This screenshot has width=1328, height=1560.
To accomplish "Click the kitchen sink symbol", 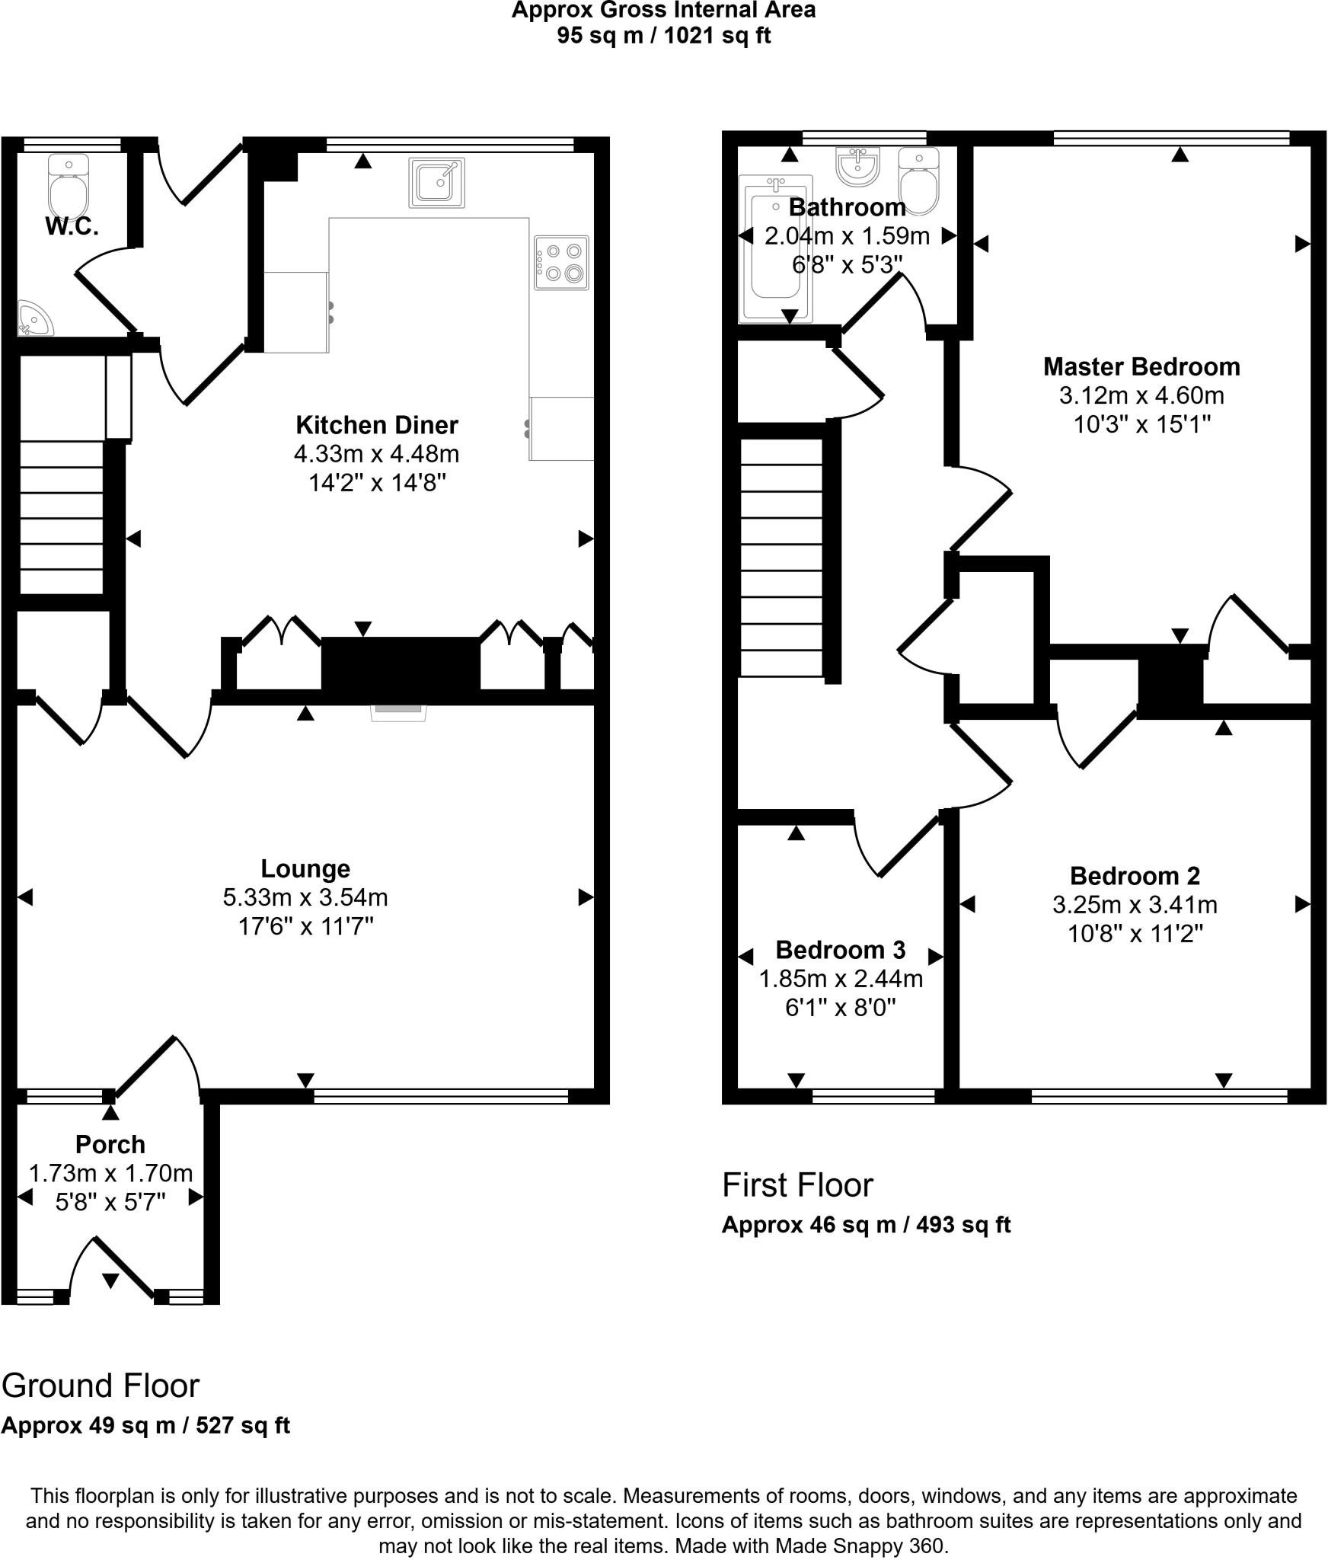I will pos(436,183).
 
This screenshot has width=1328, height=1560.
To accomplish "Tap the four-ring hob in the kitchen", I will pos(561,262).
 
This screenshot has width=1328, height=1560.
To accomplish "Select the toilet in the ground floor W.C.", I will pos(68,187).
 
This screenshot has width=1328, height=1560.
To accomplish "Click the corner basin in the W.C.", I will pos(33,319).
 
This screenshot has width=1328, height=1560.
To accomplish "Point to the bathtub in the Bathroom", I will pos(775,248).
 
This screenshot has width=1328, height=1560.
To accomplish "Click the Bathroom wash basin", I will pos(858,166).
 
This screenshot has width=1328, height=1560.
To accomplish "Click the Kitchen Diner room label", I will pos(376,424).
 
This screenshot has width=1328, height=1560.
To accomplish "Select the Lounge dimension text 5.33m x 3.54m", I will pos(305,897).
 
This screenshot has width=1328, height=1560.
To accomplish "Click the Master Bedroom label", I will pos(1141,366).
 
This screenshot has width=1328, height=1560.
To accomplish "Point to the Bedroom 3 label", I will pos(840,950).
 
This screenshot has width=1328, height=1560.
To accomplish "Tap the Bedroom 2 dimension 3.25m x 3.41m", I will pos(1135,905).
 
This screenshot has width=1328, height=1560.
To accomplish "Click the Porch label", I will pos(110,1144).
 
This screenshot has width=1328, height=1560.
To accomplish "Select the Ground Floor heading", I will pos(101,1386).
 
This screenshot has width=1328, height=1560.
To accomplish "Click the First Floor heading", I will pos(797,1185).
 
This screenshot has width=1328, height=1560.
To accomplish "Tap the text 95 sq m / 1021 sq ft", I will pos(663,35).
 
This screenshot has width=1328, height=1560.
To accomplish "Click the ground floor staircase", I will pos(61,518).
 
